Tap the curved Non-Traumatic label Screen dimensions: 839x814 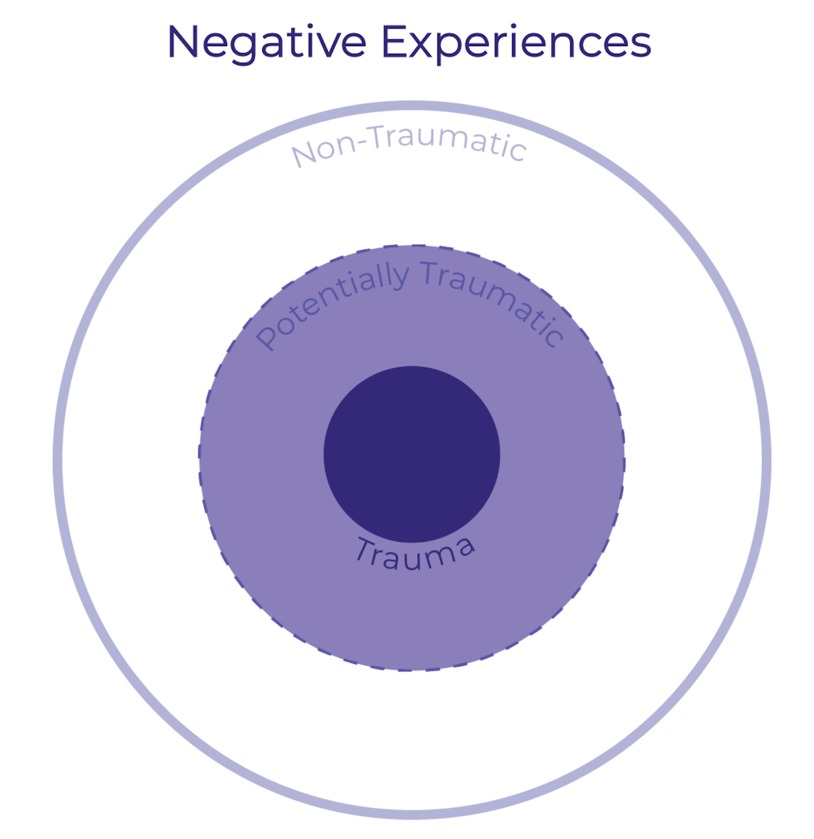point(408,144)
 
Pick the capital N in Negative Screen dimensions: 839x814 point(183,42)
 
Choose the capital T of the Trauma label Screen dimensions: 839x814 point(365,550)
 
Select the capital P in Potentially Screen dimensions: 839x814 point(267,338)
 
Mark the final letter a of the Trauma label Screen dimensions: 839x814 point(464,546)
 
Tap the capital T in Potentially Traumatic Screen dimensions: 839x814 point(432,273)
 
